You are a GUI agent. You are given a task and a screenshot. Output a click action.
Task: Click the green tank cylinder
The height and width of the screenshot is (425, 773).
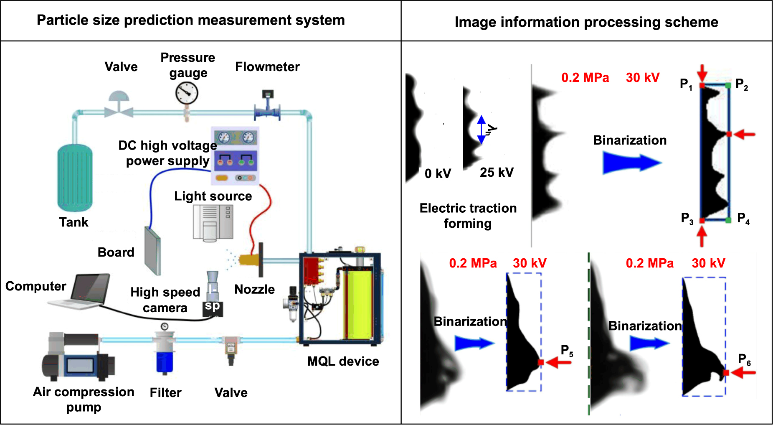pyautogui.click(x=75, y=178)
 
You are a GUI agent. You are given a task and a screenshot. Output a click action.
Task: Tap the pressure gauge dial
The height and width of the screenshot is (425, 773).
pyautogui.click(x=187, y=93)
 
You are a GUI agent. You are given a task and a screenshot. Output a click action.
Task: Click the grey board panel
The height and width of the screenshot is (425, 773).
pyautogui.click(x=153, y=251)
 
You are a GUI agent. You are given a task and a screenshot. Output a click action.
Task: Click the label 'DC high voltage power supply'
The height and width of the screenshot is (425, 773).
pyautogui.click(x=168, y=153)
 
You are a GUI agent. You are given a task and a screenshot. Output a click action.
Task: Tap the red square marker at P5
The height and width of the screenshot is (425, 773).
pyautogui.click(x=541, y=362)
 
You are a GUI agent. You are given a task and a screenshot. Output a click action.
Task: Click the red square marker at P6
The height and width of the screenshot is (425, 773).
pyautogui.click(x=726, y=372)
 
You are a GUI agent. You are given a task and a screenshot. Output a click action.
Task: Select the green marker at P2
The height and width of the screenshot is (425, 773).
pyautogui.click(x=728, y=86)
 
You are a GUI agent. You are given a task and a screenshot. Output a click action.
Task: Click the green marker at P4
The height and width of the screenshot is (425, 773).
pyautogui.click(x=728, y=220)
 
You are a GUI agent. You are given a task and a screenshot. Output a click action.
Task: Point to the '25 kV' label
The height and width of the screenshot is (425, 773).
pyautogui.click(x=497, y=172)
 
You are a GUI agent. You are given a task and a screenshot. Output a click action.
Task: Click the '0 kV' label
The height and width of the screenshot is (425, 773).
pyautogui.click(x=438, y=173)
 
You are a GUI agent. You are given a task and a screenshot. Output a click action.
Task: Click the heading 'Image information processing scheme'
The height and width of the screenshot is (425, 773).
pyautogui.click(x=586, y=22)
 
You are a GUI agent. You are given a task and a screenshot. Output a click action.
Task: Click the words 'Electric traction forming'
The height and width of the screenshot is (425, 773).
pyautogui.click(x=468, y=216)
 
